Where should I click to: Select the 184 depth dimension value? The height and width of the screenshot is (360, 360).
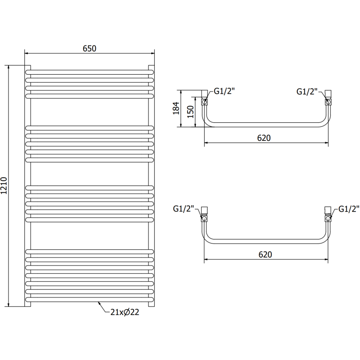pyautogui.click(x=176, y=108)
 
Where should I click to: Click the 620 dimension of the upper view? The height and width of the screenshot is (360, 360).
pyautogui.click(x=264, y=138)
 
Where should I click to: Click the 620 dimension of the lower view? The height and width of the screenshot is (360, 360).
pyautogui.click(x=265, y=254)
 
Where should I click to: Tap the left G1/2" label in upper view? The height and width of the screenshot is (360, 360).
pyautogui.click(x=224, y=91)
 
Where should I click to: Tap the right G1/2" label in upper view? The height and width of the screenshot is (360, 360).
pyautogui.click(x=307, y=91)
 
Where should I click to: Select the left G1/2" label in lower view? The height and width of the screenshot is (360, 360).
pyautogui.click(x=183, y=209)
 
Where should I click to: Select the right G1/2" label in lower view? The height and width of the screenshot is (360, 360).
pyautogui.click(x=349, y=209)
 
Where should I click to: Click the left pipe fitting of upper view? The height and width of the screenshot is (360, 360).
pyautogui.click(x=205, y=98)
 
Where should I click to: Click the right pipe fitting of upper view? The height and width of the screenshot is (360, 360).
pyautogui.click(x=328, y=98)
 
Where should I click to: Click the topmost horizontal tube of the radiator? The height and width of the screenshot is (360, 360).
pyautogui.click(x=90, y=71)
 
